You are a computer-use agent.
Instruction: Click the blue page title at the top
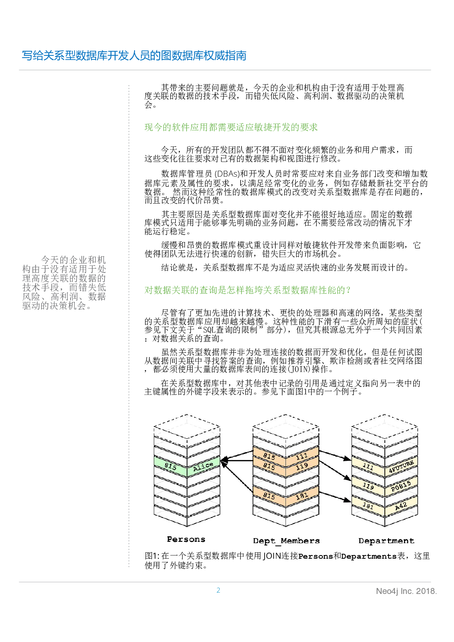(134, 56)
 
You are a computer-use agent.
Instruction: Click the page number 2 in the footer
(218, 590)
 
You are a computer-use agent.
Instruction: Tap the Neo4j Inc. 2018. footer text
(406, 591)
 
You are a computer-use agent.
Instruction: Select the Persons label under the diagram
(186, 539)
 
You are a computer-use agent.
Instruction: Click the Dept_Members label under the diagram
(286, 541)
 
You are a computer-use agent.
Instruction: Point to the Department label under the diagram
(386, 540)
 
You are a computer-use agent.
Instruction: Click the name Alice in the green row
(203, 466)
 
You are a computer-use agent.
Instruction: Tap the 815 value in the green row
(170, 466)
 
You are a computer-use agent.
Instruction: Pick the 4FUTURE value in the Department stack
(401, 467)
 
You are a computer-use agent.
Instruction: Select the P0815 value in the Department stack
(401, 486)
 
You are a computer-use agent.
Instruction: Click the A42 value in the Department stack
(401, 506)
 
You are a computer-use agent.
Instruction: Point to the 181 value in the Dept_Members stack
(302, 496)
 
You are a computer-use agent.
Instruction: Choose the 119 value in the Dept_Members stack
(302, 466)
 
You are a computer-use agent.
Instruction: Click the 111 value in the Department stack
(368, 467)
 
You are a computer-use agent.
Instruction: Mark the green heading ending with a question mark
(247, 290)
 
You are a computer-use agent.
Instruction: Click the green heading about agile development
(231, 127)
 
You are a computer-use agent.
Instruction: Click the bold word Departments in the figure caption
(368, 556)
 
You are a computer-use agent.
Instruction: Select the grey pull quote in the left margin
(64, 283)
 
